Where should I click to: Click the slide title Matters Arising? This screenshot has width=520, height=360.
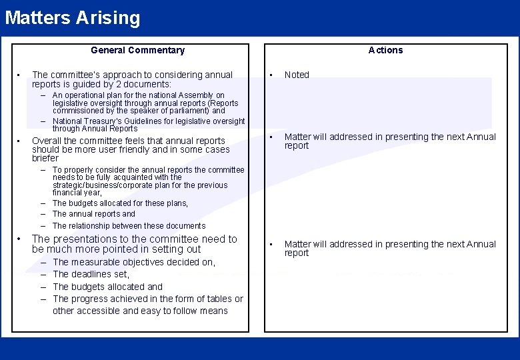73,17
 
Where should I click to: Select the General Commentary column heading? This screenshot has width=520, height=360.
137,50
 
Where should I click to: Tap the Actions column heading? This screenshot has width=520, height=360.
385,50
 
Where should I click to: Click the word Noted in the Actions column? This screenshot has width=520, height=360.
297,75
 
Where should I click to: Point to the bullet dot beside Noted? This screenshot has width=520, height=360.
270,75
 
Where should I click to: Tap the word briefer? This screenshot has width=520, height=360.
45,159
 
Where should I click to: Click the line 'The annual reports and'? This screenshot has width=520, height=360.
93,214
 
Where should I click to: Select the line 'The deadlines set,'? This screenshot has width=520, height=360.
91,274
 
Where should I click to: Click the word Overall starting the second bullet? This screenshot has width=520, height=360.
47,141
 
